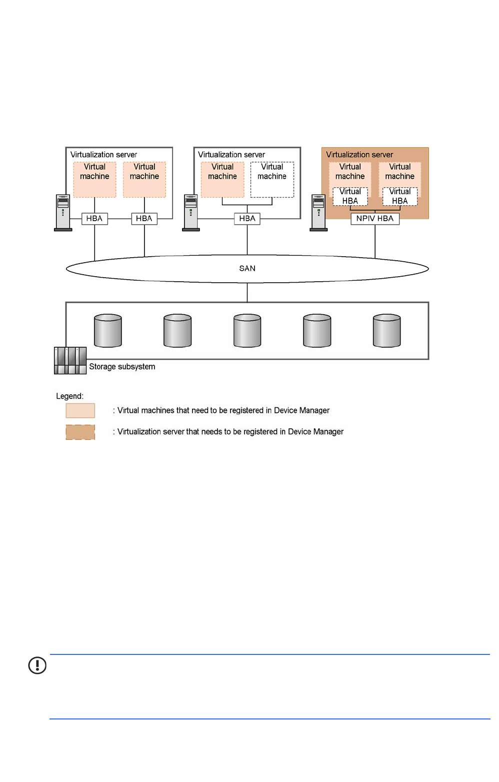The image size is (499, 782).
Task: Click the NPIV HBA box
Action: [x=375, y=219]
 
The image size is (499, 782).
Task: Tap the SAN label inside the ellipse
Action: [x=247, y=269]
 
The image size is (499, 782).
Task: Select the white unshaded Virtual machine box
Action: [x=272, y=180]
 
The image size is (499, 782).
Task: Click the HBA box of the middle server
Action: [x=247, y=219]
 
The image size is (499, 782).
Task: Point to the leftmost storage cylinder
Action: [x=108, y=330]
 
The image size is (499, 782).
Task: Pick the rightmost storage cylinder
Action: [x=386, y=330]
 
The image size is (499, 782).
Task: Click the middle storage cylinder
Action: [x=247, y=330]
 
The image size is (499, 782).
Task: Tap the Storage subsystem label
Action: [x=122, y=367]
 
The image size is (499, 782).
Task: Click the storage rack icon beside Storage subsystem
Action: [x=70, y=360]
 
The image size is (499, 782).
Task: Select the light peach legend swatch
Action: [x=80, y=411]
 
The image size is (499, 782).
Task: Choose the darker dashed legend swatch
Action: [x=80, y=432]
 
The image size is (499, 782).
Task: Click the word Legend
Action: [x=69, y=396]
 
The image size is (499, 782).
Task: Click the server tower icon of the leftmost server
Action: [x=63, y=213]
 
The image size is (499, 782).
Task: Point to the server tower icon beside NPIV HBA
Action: [x=318, y=213]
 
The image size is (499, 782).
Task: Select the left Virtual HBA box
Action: [x=350, y=197]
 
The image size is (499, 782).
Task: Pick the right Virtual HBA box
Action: [x=400, y=197]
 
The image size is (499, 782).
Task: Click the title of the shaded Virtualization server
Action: [x=359, y=155]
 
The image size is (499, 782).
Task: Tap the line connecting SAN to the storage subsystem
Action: [x=247, y=293]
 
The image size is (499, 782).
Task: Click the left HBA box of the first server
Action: [x=94, y=219]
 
